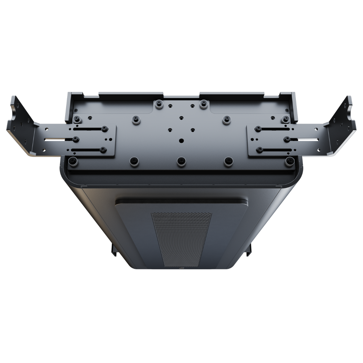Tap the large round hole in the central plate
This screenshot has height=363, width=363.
181,140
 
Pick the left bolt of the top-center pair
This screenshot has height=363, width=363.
157,103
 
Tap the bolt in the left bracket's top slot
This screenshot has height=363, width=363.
104,129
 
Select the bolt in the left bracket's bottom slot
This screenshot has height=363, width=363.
104,149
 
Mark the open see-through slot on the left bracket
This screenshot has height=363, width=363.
56,140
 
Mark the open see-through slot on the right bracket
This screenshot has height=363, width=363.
307,140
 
